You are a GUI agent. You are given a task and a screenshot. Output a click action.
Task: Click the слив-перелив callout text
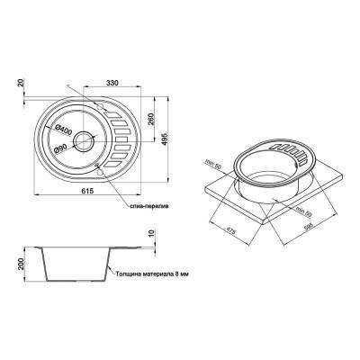[145, 206]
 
